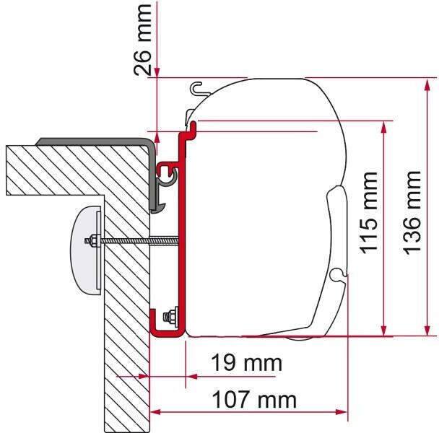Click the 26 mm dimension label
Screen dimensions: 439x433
142,40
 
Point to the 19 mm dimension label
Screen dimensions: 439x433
246,363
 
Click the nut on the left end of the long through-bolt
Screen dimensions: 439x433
91,241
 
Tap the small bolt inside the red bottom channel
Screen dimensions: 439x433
171,317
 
